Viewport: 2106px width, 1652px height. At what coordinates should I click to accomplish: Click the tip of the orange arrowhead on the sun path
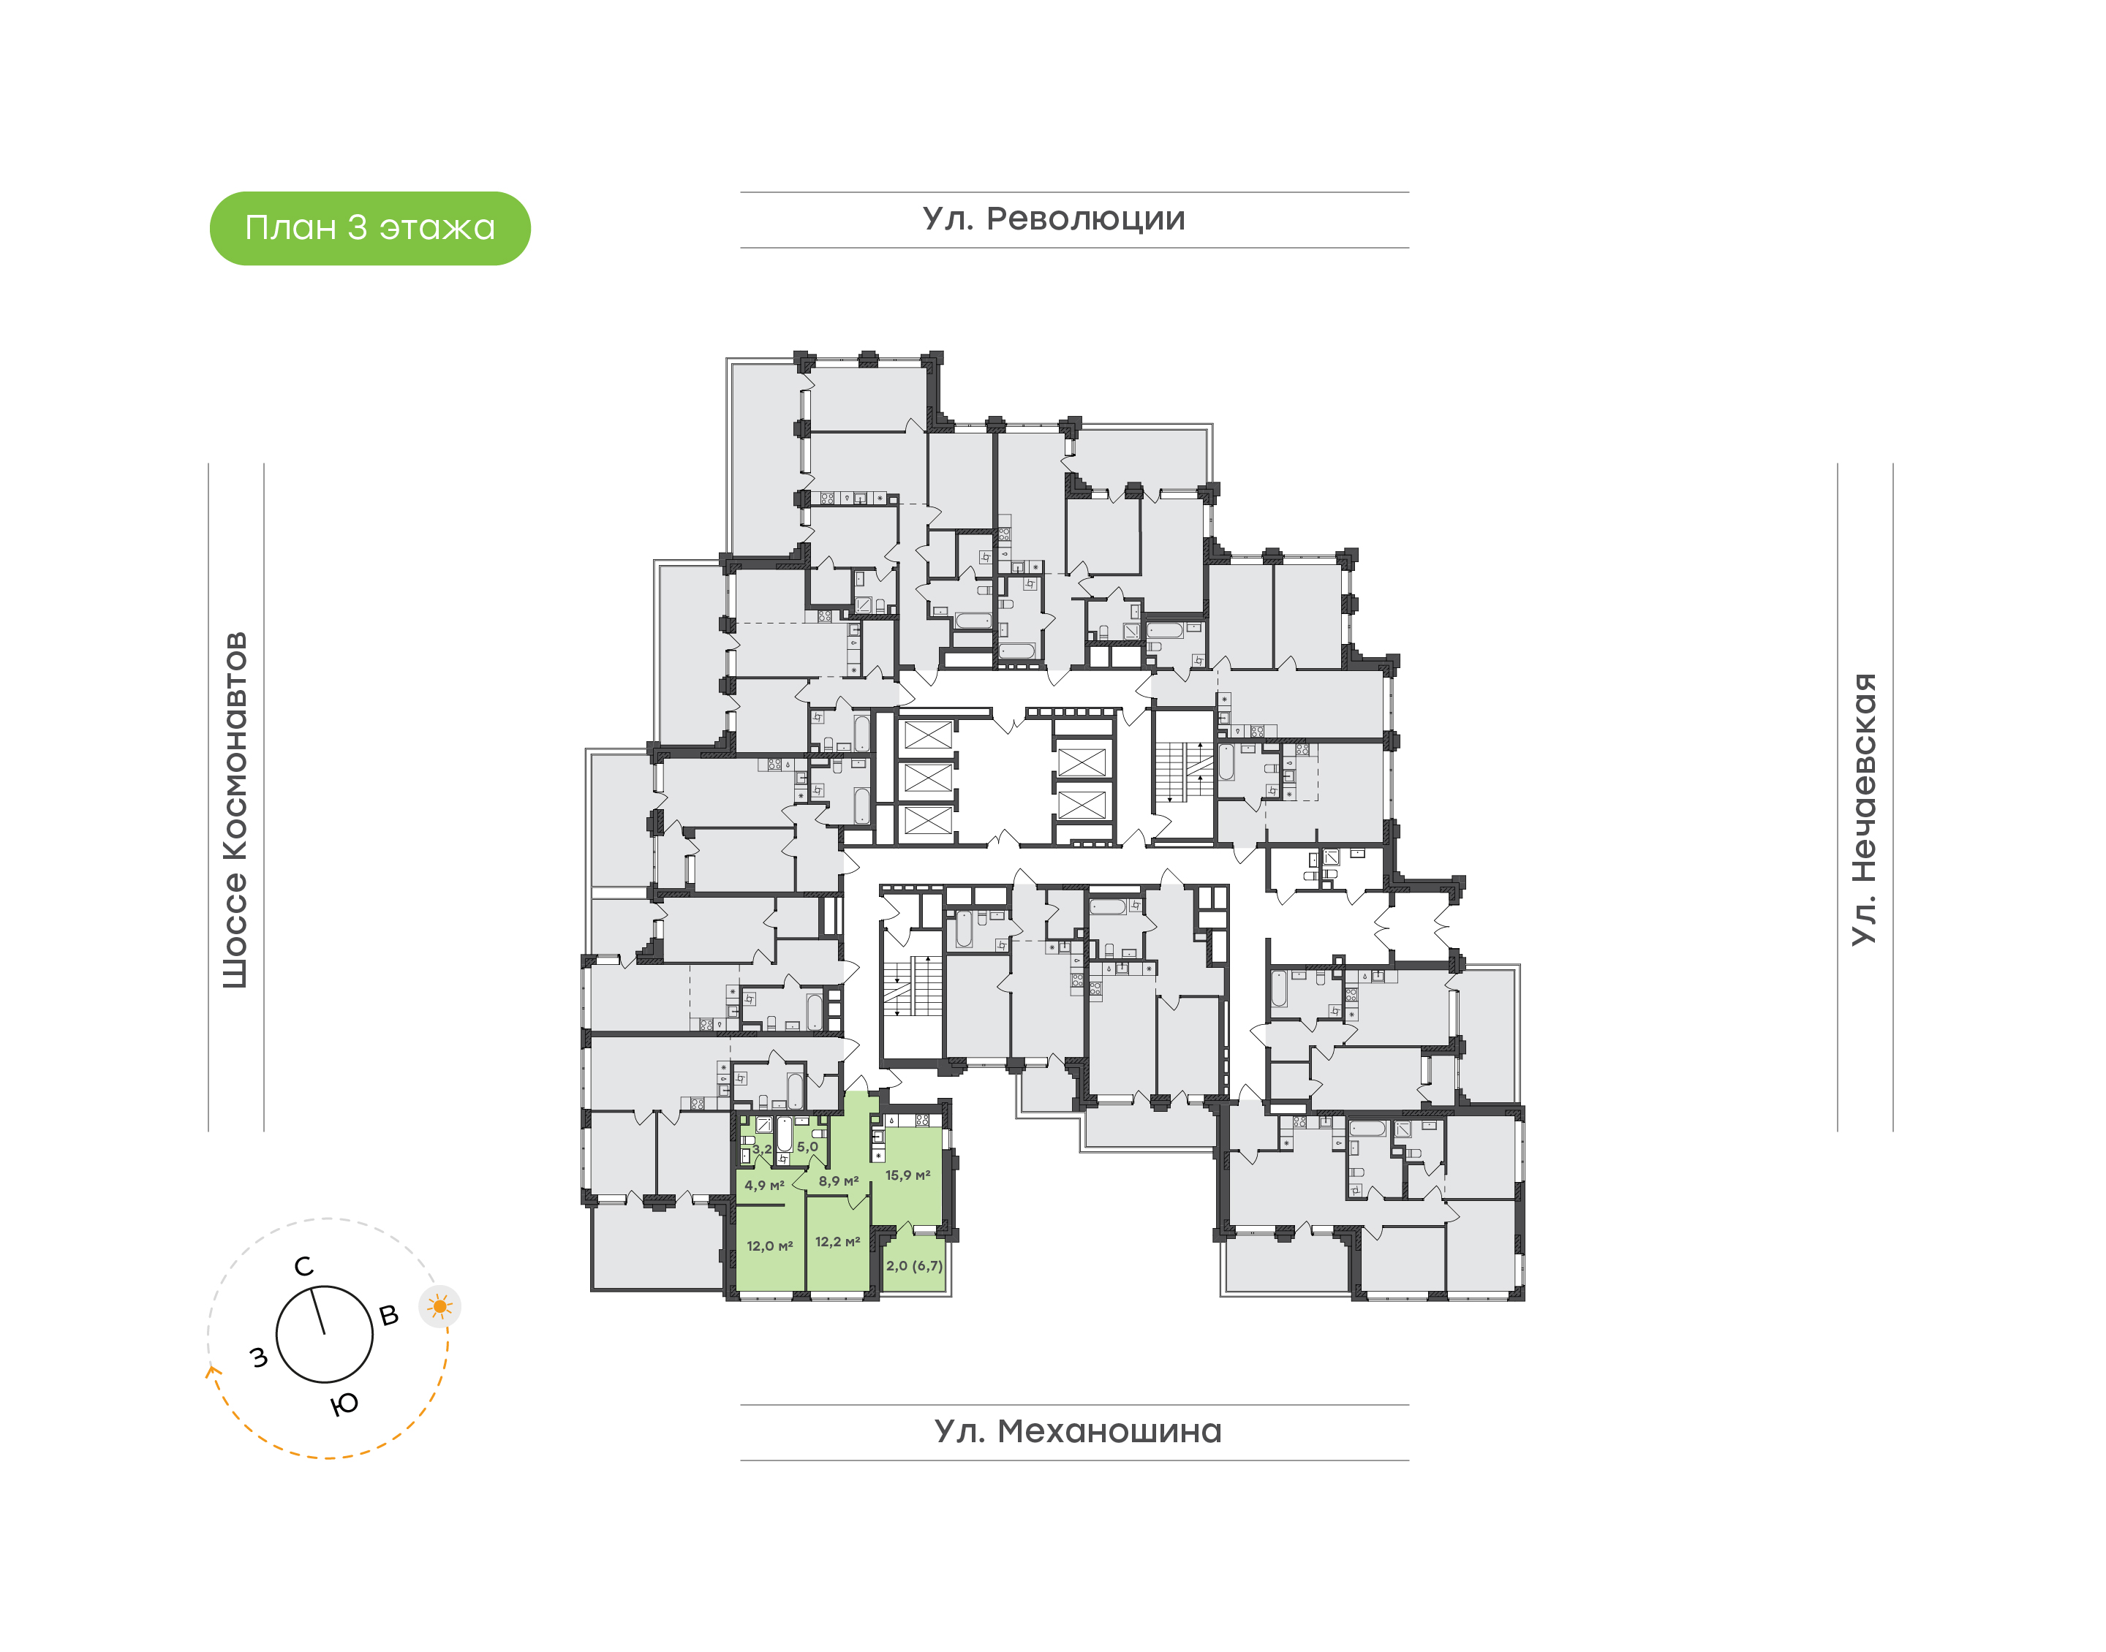[211, 1365]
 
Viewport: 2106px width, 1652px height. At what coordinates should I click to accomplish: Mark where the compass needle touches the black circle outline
[312, 1287]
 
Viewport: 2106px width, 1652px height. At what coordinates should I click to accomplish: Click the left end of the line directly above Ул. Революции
[741, 192]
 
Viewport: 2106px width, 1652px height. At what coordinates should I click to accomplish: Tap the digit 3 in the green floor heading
[357, 228]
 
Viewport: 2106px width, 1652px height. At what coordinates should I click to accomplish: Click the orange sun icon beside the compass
[440, 1307]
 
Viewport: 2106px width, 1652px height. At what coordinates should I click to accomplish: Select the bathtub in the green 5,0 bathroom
[785, 1134]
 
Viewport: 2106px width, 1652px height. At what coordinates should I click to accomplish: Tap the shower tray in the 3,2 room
[764, 1125]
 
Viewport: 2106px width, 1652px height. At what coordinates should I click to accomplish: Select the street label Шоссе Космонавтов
[235, 811]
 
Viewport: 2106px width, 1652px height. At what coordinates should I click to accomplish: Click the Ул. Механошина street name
[1078, 1431]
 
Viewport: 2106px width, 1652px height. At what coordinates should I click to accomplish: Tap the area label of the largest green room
[907, 1175]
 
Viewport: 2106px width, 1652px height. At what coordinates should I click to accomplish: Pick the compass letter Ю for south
[345, 1403]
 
